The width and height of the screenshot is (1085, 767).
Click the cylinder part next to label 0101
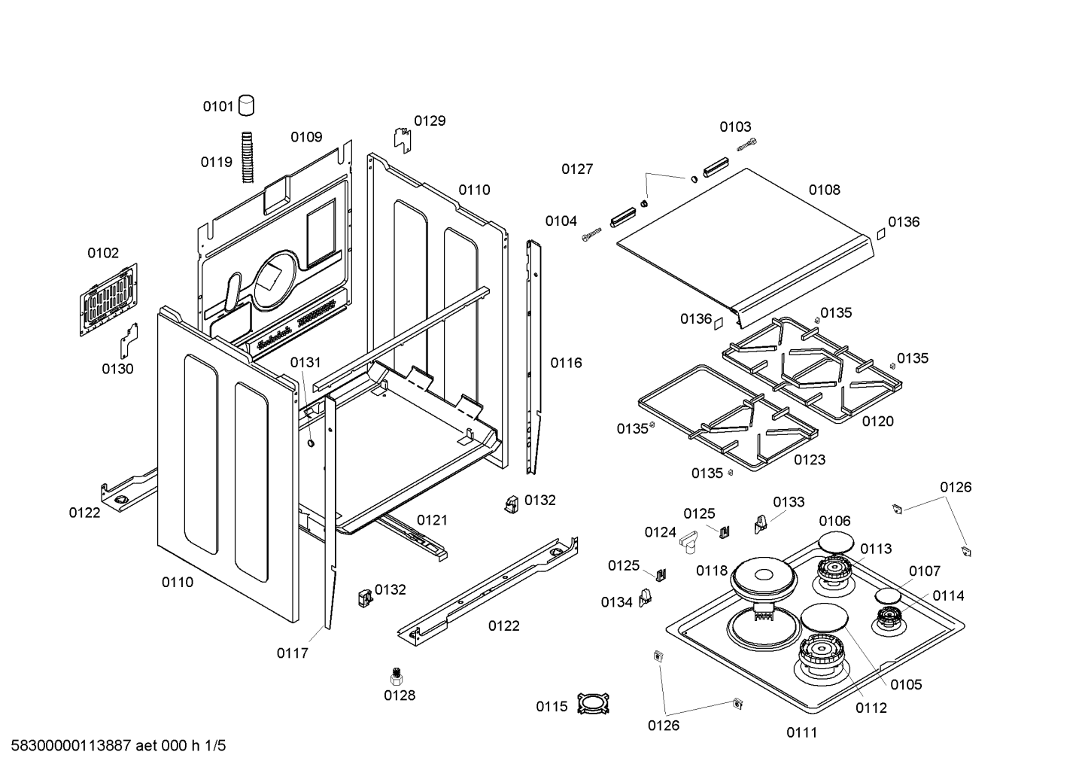tap(247, 105)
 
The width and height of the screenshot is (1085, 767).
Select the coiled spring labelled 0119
tap(248, 157)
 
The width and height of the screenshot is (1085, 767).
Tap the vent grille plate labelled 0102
tap(108, 300)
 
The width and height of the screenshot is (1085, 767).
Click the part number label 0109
tap(306, 137)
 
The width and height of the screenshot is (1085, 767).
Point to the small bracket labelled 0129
tap(402, 141)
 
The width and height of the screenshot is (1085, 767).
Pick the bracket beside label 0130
tap(129, 341)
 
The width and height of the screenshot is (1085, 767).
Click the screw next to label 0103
tap(746, 145)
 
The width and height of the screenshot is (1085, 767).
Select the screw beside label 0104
tap(591, 235)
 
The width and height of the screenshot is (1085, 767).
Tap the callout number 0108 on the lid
tap(825, 190)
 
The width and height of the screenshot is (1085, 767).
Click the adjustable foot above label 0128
tap(397, 676)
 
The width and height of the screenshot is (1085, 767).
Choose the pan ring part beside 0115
tap(594, 704)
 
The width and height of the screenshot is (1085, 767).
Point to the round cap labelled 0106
tap(836, 542)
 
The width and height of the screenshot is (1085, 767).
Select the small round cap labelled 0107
tap(888, 596)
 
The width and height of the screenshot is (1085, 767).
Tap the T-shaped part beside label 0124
tap(690, 542)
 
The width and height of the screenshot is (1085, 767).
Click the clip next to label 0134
tap(645, 598)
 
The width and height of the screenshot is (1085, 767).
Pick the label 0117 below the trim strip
tap(292, 653)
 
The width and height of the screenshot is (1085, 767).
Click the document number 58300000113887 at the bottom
tap(71, 746)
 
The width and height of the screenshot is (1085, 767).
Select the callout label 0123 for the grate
tap(810, 460)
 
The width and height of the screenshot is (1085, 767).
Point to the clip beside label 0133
tap(761, 524)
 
